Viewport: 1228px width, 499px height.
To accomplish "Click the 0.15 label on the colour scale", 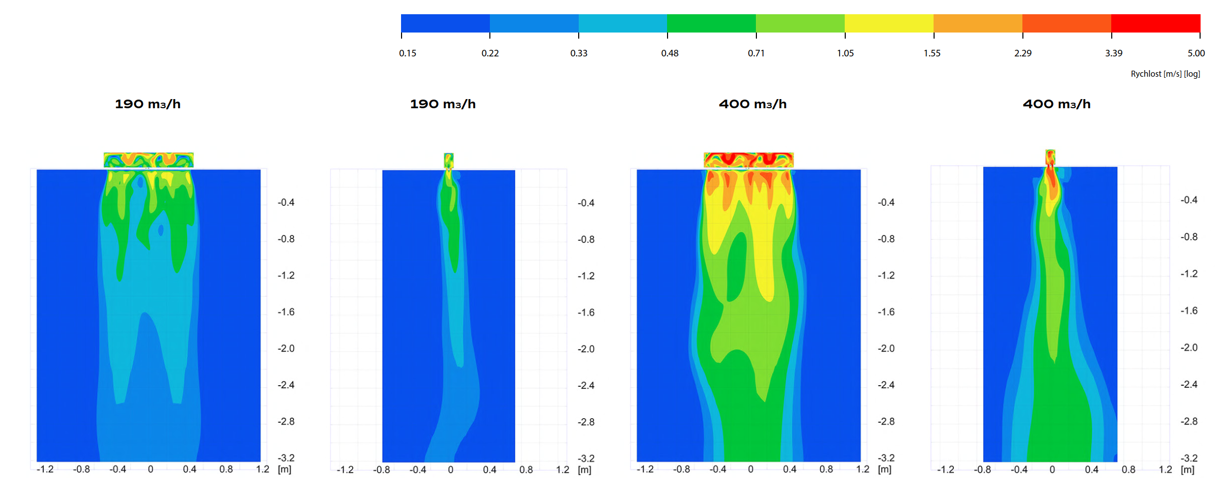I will point(407,53).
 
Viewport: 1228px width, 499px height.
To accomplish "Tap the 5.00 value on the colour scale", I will point(1196,53).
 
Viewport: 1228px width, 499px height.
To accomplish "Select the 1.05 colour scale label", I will point(845,53).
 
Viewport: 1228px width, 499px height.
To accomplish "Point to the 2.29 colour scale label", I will point(1023,53).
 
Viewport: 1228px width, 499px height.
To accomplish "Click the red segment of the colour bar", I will point(1155,23).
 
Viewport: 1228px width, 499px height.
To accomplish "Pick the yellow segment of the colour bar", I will point(889,23).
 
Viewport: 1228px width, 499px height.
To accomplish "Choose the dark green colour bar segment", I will point(711,23).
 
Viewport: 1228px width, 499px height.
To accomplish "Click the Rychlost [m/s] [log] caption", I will point(1165,74).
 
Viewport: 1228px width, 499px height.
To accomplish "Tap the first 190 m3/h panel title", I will point(148,104).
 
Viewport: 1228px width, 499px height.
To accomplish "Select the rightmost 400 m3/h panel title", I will point(1056,104).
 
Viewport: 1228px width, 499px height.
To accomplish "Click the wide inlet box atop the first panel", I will point(149,160).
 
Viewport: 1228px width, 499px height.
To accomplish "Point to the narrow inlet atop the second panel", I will point(448,160).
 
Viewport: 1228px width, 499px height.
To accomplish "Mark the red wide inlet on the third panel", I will point(748,160).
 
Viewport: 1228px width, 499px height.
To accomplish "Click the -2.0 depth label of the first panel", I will point(286,349).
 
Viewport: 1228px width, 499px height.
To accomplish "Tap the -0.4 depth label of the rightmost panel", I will point(1188,200).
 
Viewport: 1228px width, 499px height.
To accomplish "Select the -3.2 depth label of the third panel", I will point(886,458).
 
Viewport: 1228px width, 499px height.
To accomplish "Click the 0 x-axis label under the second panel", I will point(450,470).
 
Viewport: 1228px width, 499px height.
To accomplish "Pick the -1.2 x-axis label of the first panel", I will point(45,470).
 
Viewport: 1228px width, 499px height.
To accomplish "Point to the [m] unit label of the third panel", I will point(884,470).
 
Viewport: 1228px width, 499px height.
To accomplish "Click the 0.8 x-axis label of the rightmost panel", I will point(1128,470).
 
